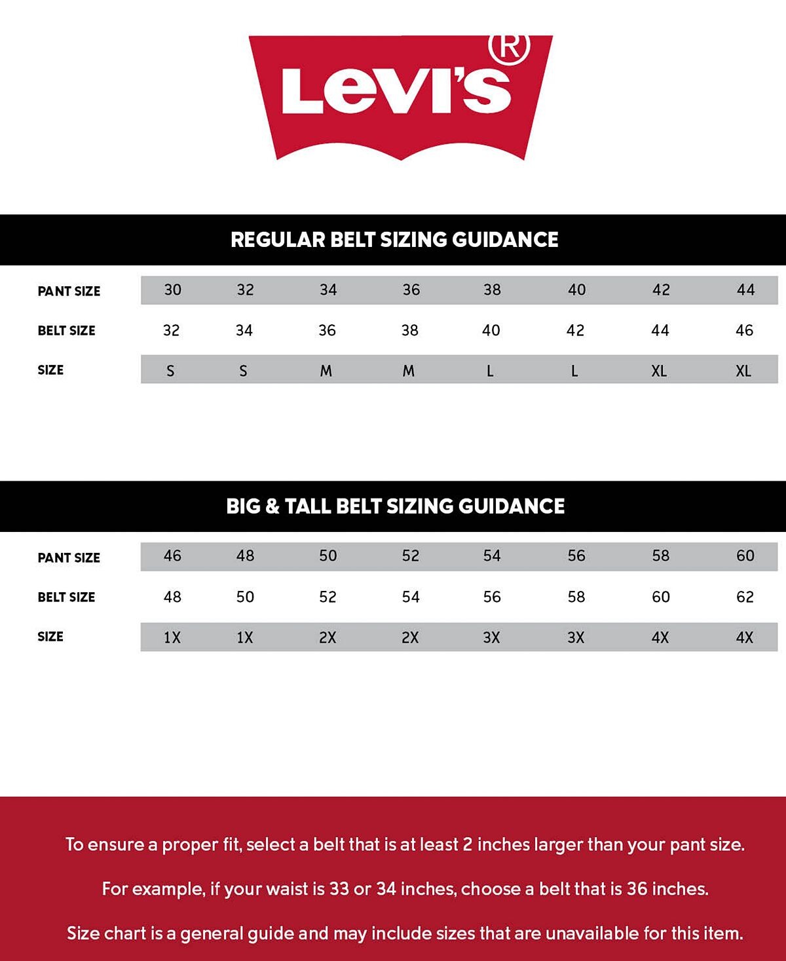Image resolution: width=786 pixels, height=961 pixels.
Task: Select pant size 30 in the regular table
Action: [172, 290]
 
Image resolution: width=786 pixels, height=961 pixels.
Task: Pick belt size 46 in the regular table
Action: [744, 330]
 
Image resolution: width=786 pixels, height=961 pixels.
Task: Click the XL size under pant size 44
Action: [743, 371]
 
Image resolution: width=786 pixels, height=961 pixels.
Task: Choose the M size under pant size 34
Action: [326, 371]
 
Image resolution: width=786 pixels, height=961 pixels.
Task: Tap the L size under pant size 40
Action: [574, 371]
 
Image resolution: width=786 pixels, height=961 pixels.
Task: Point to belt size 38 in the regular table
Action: [410, 330]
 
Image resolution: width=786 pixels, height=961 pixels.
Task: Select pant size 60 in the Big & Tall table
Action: [745, 556]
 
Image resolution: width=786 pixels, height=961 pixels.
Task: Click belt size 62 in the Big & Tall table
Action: [745, 597]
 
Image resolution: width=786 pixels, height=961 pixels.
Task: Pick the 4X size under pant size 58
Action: [660, 637]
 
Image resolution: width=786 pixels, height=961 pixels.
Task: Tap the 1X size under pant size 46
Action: [172, 637]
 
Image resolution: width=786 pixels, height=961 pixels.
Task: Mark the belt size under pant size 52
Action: [411, 597]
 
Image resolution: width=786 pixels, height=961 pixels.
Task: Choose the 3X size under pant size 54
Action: [491, 637]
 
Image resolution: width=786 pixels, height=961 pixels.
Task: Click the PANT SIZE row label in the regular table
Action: [69, 291]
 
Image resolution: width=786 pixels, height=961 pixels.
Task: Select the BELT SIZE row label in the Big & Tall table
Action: [66, 597]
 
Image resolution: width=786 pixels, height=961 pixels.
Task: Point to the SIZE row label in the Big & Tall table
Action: [50, 636]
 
